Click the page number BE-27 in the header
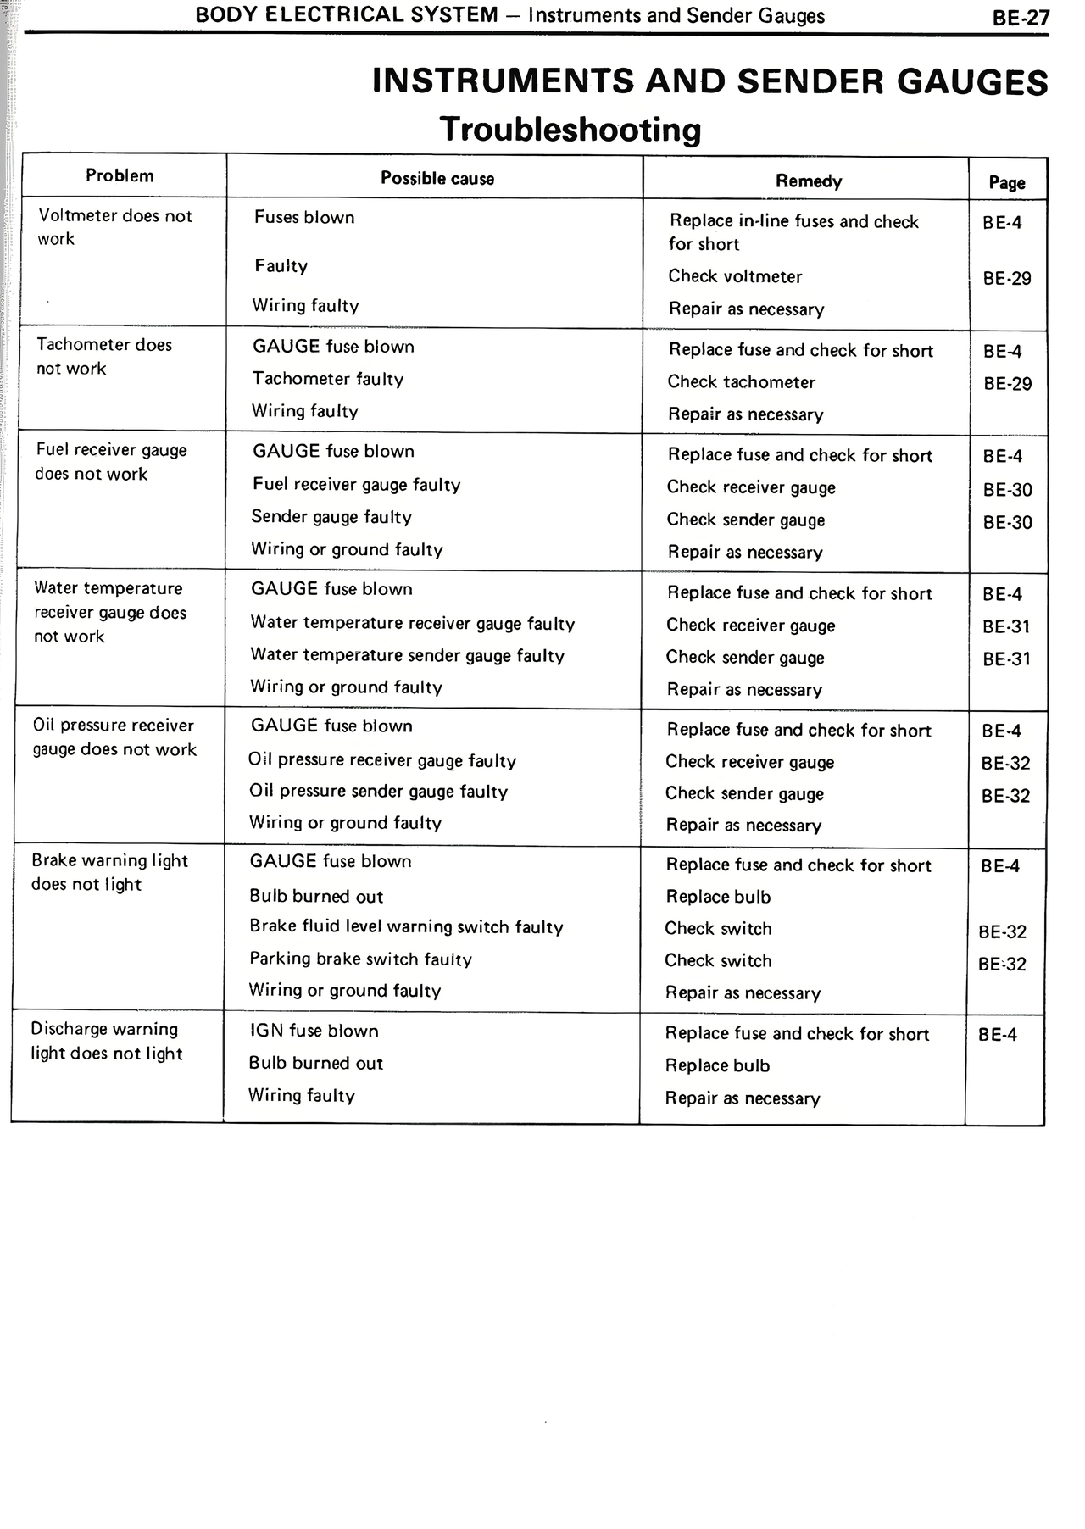point(1021,18)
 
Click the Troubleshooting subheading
point(570,130)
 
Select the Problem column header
point(120,176)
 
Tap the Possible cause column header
point(437,178)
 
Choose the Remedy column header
point(809,181)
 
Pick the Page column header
point(1007,182)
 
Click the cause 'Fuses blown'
point(304,218)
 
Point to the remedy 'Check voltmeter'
point(735,276)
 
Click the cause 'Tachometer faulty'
point(327,379)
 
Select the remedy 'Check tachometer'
point(741,382)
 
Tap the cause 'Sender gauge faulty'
point(331,517)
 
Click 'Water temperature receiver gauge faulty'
point(412,624)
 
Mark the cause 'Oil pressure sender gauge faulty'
point(378,792)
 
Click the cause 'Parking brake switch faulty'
point(360,959)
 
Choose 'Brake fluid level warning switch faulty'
point(406,927)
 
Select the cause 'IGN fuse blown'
point(314,1031)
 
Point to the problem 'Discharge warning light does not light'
point(107,1041)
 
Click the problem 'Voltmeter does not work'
point(115,227)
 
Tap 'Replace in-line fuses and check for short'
point(793,232)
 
